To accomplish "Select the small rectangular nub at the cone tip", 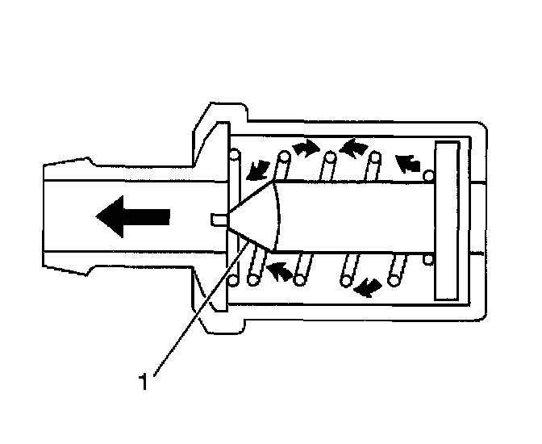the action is (215, 219).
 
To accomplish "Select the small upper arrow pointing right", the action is (304, 147).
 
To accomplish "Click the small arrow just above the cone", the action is (260, 167).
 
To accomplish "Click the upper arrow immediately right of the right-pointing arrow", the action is (352, 147).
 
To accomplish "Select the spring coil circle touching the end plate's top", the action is (428, 175).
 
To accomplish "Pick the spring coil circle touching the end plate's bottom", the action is (427, 259).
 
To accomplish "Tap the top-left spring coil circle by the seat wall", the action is (235, 153).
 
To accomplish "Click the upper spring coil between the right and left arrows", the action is (329, 157).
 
